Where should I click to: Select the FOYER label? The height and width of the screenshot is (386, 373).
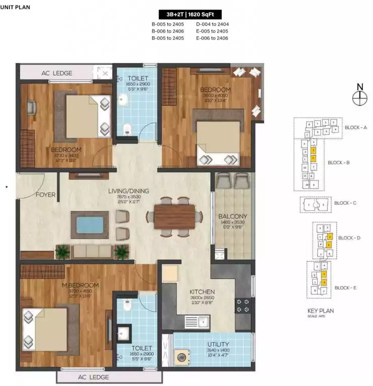click(45, 195)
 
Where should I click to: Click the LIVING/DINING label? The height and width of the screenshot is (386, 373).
click(129, 191)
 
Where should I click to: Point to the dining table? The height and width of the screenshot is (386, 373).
click(174, 217)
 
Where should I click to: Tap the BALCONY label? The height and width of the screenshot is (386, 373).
click(232, 217)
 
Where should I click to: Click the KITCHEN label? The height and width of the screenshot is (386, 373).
click(202, 292)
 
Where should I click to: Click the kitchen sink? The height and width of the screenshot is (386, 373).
click(197, 321)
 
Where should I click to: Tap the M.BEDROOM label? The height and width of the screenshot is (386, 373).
click(81, 285)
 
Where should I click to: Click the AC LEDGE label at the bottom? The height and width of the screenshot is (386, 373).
click(93, 377)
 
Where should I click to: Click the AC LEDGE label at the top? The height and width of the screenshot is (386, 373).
click(56, 73)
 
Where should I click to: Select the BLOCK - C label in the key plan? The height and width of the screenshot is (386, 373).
click(345, 203)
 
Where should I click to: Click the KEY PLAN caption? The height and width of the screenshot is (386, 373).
click(320, 311)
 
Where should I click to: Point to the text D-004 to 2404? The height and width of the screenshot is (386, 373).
click(212, 24)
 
